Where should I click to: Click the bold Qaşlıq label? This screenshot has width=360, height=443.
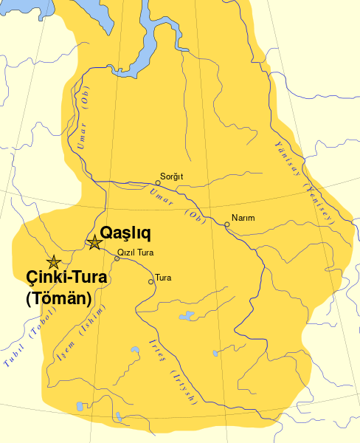[125, 233]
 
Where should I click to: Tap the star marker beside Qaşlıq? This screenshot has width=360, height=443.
[94, 241]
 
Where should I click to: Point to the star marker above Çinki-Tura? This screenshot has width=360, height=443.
[53, 261]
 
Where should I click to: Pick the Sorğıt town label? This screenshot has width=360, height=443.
[171, 176]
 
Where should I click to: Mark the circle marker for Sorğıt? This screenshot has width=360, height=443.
[156, 182]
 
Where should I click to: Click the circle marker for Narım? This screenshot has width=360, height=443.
[227, 224]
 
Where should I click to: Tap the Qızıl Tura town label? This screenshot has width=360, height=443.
[136, 252]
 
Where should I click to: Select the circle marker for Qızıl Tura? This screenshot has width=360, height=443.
[117, 258]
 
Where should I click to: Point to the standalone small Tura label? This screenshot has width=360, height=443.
[163, 278]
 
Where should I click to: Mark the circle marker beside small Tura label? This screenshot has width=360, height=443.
[151, 281]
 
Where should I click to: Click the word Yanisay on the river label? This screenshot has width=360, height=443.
[288, 154]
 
